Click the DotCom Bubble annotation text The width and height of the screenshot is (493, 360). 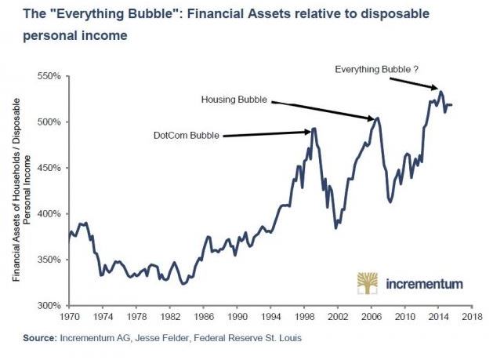186,135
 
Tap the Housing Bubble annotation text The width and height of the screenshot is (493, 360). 234,100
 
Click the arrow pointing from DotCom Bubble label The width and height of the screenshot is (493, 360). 266,133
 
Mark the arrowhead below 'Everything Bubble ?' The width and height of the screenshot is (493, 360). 434,88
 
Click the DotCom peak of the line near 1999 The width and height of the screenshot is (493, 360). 314,129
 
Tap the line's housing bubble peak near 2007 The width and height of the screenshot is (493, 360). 378,118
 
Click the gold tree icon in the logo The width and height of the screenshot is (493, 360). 368,283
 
